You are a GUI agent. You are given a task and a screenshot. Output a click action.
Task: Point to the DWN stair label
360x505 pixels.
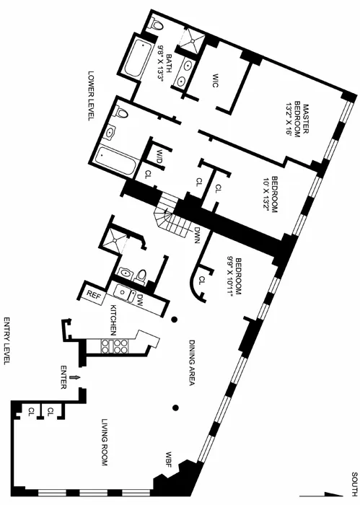196,235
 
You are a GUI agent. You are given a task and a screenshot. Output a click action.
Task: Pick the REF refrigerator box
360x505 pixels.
92,294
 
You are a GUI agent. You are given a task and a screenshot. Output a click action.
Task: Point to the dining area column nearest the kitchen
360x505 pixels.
175,320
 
